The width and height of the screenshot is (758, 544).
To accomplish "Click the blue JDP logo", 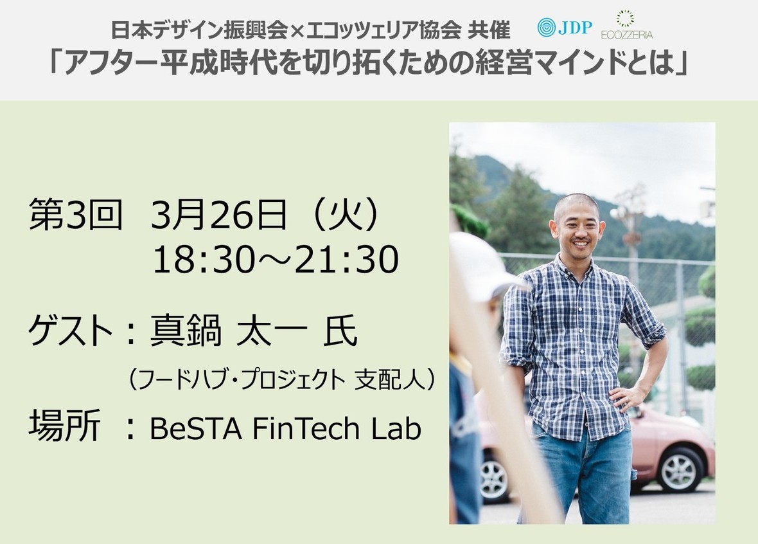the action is (565, 27).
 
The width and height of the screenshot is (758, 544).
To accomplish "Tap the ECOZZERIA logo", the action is (626, 25).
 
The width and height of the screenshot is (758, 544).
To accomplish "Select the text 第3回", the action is (76, 215).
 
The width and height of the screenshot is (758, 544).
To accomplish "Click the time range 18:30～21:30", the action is (276, 260).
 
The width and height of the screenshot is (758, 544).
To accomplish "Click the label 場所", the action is (64, 426).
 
